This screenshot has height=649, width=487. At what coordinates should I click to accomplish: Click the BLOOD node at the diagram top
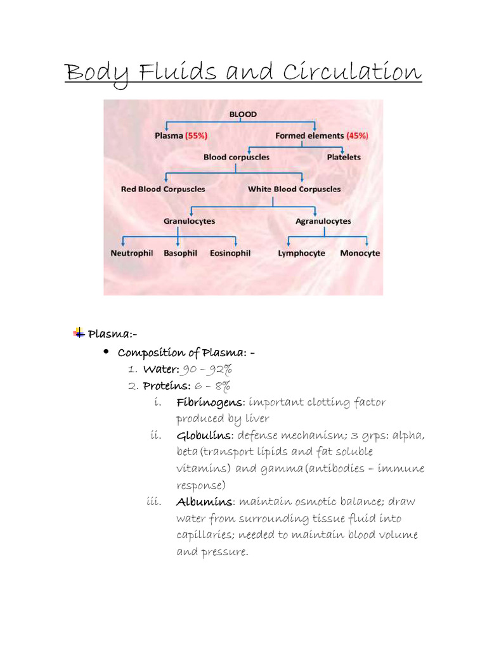click(243, 114)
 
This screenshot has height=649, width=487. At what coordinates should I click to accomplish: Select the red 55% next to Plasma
click(196, 136)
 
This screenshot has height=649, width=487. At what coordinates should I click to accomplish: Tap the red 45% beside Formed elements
click(357, 136)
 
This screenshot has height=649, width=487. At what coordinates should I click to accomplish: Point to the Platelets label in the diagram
click(344, 157)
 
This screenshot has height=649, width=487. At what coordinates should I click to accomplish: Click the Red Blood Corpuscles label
click(163, 189)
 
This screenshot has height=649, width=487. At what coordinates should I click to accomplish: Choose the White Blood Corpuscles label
click(294, 189)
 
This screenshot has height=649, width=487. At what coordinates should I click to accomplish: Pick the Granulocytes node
click(189, 221)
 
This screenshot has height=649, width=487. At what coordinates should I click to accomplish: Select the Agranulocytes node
click(323, 221)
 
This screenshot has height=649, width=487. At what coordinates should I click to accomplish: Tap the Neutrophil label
click(132, 253)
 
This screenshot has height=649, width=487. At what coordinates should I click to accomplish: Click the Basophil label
click(181, 253)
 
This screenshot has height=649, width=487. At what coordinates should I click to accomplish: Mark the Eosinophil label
click(230, 253)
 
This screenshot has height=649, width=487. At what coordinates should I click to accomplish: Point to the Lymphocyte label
click(302, 253)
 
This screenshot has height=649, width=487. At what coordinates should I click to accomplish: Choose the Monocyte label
click(360, 253)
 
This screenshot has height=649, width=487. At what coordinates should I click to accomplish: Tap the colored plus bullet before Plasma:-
click(79, 331)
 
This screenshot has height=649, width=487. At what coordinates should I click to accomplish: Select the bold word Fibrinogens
click(209, 402)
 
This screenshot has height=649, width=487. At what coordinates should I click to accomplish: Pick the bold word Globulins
click(204, 435)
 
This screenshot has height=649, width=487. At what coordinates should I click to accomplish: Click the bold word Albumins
click(205, 502)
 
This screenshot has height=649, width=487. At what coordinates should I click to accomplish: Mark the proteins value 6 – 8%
click(212, 386)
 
